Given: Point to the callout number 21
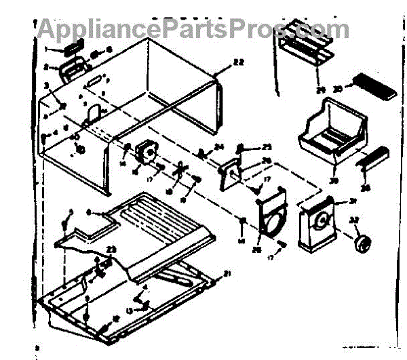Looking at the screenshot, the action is [227, 273].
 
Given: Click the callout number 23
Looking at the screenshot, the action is [111, 249].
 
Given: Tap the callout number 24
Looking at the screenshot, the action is [218, 147].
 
